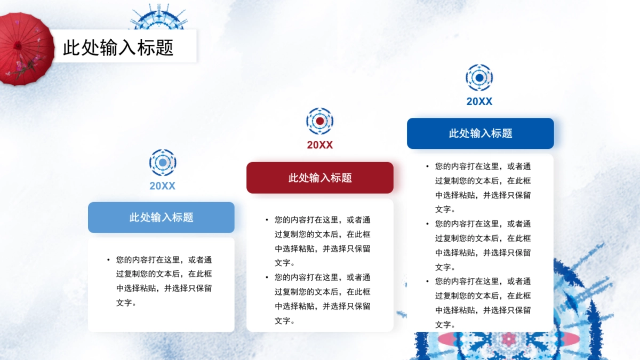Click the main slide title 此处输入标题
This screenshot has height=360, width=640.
click(118, 47)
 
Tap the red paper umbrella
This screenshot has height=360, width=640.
click(26, 49)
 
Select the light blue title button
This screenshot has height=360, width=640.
click(161, 218)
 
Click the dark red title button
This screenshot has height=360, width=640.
click(320, 178)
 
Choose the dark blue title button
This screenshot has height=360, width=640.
click(481, 133)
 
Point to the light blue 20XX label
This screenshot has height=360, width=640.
click(162, 186)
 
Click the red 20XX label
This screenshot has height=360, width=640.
click(319, 145)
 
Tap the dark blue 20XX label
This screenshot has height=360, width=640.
click(479, 101)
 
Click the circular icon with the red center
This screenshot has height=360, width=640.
click(319, 121)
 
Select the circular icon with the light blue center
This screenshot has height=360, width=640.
click(163, 163)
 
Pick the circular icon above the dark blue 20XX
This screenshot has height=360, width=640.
click(479, 77)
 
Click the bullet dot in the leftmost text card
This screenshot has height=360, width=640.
click(108, 260)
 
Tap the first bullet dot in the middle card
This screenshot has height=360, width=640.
click(267, 220)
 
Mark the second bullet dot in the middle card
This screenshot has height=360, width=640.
click(267, 277)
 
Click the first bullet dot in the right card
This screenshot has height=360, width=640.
click(427, 166)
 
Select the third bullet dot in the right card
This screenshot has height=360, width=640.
click(427, 281)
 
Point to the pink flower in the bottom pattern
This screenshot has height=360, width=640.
click(508, 339)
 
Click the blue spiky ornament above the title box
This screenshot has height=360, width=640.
click(159, 18)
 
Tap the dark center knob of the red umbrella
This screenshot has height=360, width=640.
click(18, 46)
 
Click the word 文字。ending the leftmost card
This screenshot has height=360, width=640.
click(126, 302)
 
